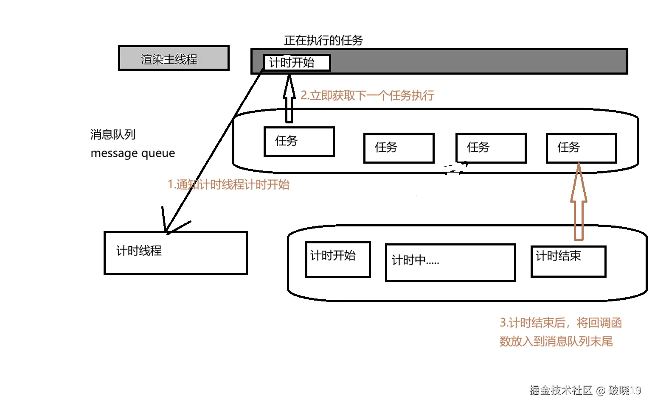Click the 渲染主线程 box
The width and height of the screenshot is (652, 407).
pyautogui.click(x=174, y=58)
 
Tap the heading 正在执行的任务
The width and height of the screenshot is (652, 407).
pyautogui.click(x=323, y=40)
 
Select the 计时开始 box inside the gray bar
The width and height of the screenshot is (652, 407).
pyautogui.click(x=296, y=63)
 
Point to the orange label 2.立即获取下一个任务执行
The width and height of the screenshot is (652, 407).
pyautogui.click(x=367, y=95)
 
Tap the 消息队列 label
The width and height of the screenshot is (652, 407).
pyautogui.click(x=113, y=134)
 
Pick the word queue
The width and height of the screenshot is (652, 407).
pyautogui.click(x=158, y=153)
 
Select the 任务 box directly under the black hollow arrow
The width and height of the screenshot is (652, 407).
pyautogui.click(x=299, y=142)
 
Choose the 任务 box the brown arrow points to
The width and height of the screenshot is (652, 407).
pyautogui.click(x=581, y=148)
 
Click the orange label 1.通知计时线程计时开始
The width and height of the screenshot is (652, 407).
pyautogui.click(x=228, y=184)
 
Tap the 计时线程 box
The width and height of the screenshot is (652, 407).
pyautogui.click(x=175, y=253)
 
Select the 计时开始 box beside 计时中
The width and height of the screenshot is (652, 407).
pyautogui.click(x=338, y=259)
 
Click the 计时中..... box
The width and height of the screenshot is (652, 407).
pyautogui.click(x=450, y=262)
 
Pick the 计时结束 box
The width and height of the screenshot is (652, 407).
pyautogui.click(x=568, y=261)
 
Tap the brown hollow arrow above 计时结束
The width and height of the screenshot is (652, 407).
pyautogui.click(x=579, y=203)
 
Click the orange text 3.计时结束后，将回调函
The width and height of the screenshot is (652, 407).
pyautogui.click(x=560, y=323)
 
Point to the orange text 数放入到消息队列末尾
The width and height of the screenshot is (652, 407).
pyautogui.click(x=556, y=341)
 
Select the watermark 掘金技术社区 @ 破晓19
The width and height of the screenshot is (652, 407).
pyautogui.click(x=585, y=390)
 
